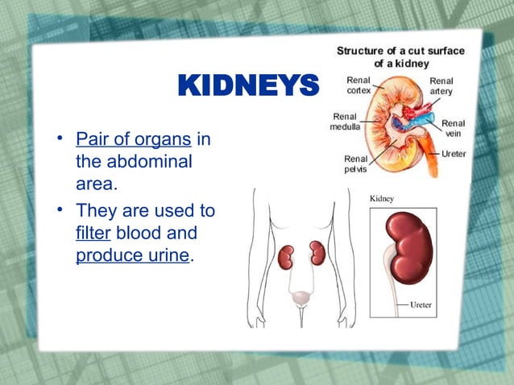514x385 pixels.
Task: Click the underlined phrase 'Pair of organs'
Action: [133, 139]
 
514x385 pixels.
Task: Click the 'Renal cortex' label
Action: [359, 86]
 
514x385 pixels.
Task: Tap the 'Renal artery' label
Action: [441, 86]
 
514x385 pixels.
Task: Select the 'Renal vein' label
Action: [453, 129]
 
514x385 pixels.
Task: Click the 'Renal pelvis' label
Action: [356, 164]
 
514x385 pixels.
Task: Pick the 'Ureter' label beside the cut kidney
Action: [454, 153]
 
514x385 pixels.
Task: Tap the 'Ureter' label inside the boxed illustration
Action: [421, 306]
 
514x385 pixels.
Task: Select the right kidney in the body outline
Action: [317, 253]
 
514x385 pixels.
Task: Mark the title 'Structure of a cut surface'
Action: [400, 51]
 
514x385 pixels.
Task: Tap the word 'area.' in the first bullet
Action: [97, 184]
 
